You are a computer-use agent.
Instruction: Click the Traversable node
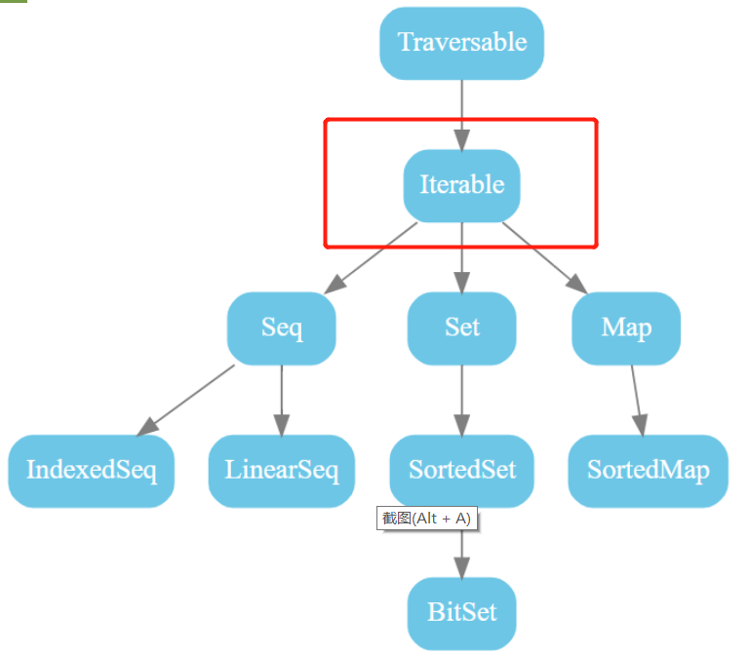pyautogui.click(x=461, y=43)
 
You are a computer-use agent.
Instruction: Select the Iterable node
pyautogui.click(x=461, y=185)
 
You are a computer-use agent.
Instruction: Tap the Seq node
pyautogui.click(x=282, y=328)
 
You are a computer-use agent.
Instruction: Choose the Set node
pyautogui.click(x=461, y=328)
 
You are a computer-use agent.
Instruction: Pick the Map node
pyautogui.click(x=626, y=328)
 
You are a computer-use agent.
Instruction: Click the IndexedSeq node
pyautogui.click(x=92, y=471)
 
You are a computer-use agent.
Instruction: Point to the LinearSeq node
pyautogui.click(x=282, y=471)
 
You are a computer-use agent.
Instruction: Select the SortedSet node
pyautogui.click(x=461, y=471)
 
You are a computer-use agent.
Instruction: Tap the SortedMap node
pyautogui.click(x=649, y=471)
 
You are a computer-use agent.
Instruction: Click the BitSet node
pyautogui.click(x=461, y=613)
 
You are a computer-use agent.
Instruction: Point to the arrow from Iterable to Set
pyautogui.click(x=461, y=255)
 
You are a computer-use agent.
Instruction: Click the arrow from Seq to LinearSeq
pyautogui.click(x=282, y=400)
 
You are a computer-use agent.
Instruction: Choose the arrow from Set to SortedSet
pyautogui.click(x=461, y=400)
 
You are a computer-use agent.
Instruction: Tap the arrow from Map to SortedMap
pyautogui.click(x=636, y=400)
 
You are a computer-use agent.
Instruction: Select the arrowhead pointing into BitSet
pyautogui.click(x=461, y=567)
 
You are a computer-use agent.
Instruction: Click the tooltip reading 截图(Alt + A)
pyautogui.click(x=427, y=519)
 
